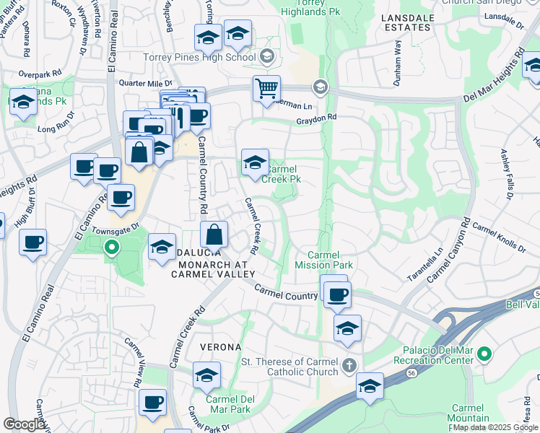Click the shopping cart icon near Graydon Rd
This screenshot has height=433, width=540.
click(x=266, y=89)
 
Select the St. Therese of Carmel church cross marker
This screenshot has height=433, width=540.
click(x=349, y=364)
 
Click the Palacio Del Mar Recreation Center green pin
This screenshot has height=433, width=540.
click(x=485, y=354)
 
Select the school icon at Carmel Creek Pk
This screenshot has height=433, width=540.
click(x=255, y=164)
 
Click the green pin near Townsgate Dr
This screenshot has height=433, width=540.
click(x=111, y=249)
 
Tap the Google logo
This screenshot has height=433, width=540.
click(x=24, y=424)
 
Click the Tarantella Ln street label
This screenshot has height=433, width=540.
click(x=435, y=265)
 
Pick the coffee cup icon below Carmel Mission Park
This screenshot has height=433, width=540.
click(x=337, y=294)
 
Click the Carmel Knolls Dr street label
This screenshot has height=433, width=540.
click(x=499, y=237)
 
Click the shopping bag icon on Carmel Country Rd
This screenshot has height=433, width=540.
click(x=214, y=235)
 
